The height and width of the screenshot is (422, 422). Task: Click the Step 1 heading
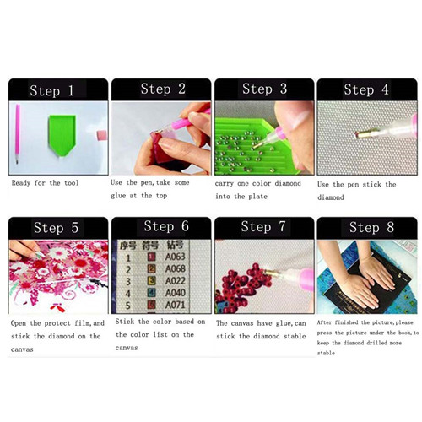click(51, 90)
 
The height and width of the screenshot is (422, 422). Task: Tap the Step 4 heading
click(366, 89)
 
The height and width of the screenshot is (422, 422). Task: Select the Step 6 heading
click(166, 226)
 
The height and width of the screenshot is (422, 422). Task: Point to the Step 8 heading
click(371, 227)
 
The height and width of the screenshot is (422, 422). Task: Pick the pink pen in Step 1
click(18, 134)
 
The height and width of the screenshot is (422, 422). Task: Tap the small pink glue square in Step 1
click(102, 135)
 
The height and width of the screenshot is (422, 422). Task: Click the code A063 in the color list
click(175, 257)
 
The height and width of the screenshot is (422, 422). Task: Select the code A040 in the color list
click(175, 293)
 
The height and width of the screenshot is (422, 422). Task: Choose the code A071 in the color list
click(175, 305)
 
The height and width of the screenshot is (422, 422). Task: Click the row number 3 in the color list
click(128, 281)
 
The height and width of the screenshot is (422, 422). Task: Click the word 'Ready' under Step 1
click(21, 183)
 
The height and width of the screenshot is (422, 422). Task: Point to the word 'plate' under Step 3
click(258, 197)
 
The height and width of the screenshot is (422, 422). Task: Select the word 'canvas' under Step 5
click(22, 349)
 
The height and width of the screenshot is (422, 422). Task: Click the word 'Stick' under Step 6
click(124, 322)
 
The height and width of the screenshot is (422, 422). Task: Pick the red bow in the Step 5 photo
click(57, 307)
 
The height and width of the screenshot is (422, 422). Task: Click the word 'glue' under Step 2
click(118, 196)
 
